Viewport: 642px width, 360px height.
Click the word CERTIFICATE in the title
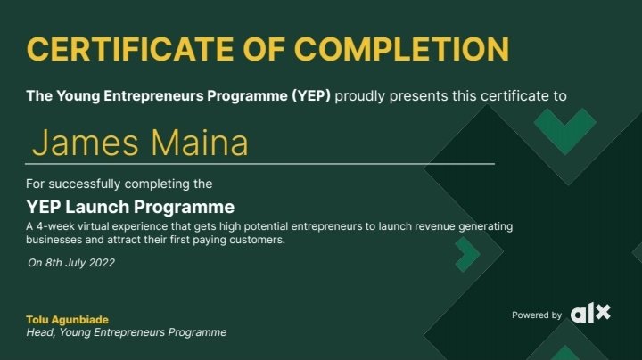click(x=130, y=49)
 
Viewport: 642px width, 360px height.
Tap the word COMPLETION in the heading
click(x=401, y=49)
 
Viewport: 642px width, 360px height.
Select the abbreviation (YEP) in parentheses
click(x=311, y=96)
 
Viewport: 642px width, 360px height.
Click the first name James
click(x=86, y=143)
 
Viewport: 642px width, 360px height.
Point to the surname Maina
click(x=200, y=143)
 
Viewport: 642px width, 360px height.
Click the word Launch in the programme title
click(x=97, y=207)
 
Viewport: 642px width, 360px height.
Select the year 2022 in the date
click(x=102, y=263)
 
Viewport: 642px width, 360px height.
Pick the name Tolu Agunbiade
click(x=67, y=320)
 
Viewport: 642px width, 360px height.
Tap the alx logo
click(x=590, y=313)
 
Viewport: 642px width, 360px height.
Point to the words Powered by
click(x=537, y=315)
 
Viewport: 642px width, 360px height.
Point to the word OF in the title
click(x=264, y=49)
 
